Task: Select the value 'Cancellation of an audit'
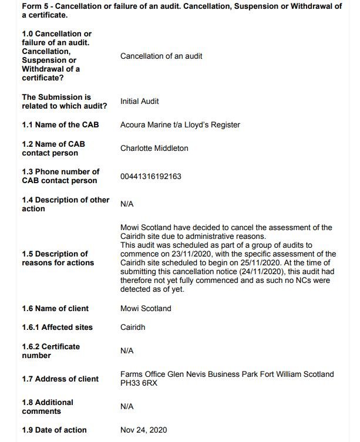pos(161,56)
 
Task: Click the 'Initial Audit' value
pos(139,102)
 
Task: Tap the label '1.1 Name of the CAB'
pos(60,124)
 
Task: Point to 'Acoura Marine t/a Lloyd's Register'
pos(180,124)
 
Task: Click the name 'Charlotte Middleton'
pos(154,149)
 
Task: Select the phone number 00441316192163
pos(150,176)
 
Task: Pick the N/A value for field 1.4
pos(127,204)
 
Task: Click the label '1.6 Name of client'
pos(55,309)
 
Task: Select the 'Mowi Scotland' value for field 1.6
pos(146,309)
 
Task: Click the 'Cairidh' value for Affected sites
pos(133,328)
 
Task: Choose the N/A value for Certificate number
pos(127,351)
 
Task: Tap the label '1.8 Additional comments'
pos(47,407)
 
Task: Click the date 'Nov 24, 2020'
pos(143,430)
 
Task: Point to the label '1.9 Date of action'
pos(54,430)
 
